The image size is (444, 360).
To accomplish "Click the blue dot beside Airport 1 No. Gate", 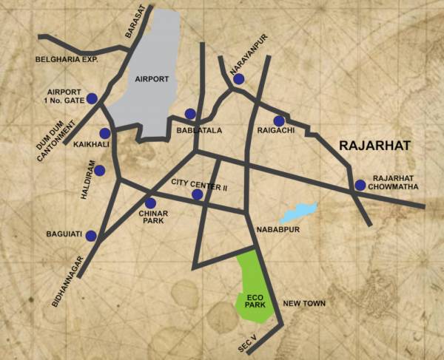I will (92, 98).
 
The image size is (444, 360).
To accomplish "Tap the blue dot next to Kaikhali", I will (104, 133).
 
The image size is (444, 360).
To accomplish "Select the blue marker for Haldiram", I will (100, 171).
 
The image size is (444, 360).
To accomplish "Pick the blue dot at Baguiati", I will (91, 236).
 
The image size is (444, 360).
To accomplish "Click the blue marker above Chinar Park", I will (150, 203).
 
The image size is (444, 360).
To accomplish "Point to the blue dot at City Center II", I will (197, 194).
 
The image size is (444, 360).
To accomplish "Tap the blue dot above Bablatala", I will (190, 114).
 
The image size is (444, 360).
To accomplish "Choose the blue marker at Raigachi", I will (279, 120).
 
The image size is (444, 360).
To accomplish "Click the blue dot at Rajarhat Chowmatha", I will (360, 186).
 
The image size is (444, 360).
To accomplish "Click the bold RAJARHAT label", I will (373, 146).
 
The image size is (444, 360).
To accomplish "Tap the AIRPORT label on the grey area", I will (152, 78).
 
